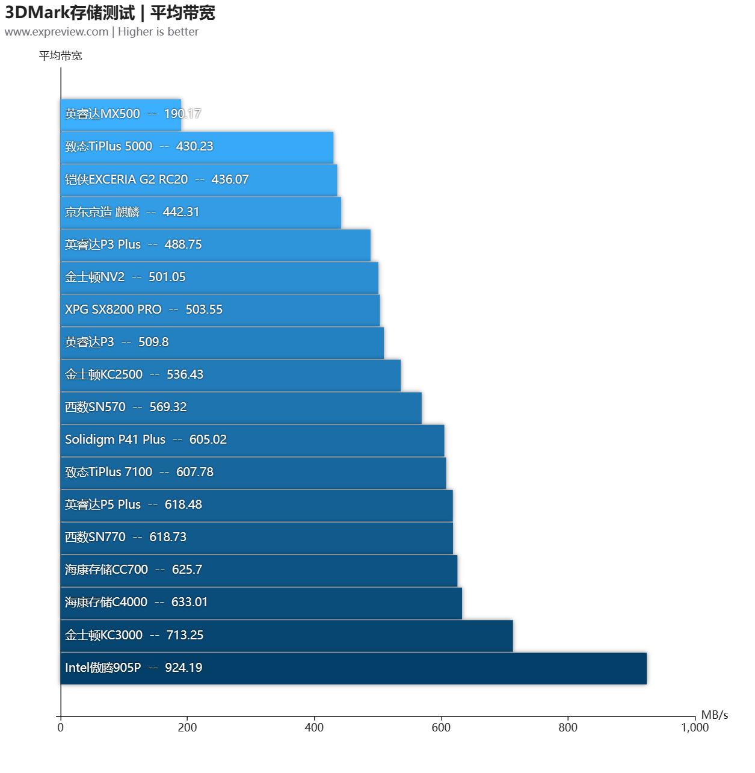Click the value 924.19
(x=183, y=668)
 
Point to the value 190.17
(x=182, y=114)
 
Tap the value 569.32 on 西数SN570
(x=168, y=407)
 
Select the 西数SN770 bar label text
(x=95, y=537)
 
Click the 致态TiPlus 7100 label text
(x=108, y=472)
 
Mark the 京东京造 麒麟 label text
(x=102, y=212)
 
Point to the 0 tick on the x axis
(x=60, y=727)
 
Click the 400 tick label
(x=314, y=727)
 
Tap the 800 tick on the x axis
(x=568, y=727)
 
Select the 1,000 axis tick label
(x=695, y=727)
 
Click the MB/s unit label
(x=714, y=715)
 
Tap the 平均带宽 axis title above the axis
(x=60, y=56)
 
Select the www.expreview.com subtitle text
(x=57, y=32)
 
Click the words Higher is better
(x=158, y=32)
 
